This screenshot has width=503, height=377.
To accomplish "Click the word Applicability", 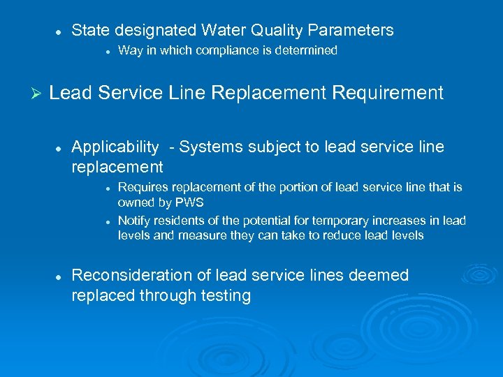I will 115,147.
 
